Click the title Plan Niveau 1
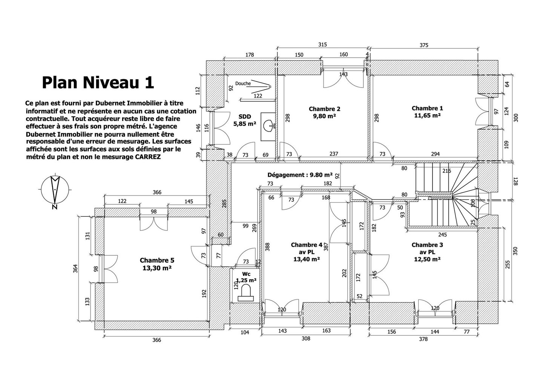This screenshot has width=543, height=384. (x=98, y=83)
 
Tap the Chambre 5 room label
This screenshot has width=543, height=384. (x=157, y=260)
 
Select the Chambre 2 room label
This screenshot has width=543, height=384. (x=324, y=109)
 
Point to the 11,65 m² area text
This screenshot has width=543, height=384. (x=427, y=115)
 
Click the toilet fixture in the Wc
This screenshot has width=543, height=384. (x=245, y=293)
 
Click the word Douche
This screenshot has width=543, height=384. (x=243, y=83)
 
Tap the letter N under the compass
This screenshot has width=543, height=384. (x=55, y=207)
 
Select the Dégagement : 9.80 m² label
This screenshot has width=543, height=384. (x=300, y=175)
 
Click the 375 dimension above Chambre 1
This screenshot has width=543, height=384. (x=424, y=45)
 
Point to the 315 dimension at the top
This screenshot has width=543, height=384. (x=322, y=45)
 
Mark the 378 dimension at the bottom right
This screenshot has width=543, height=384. (x=423, y=339)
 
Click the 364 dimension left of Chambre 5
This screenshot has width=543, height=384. (x=76, y=268)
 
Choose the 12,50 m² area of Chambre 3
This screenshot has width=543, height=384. (x=427, y=260)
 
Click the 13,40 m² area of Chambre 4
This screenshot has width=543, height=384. (x=307, y=259)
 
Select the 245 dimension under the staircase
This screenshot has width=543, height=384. (x=442, y=234)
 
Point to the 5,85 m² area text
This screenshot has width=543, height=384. (x=245, y=124)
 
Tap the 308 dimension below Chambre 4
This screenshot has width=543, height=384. (x=306, y=338)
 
